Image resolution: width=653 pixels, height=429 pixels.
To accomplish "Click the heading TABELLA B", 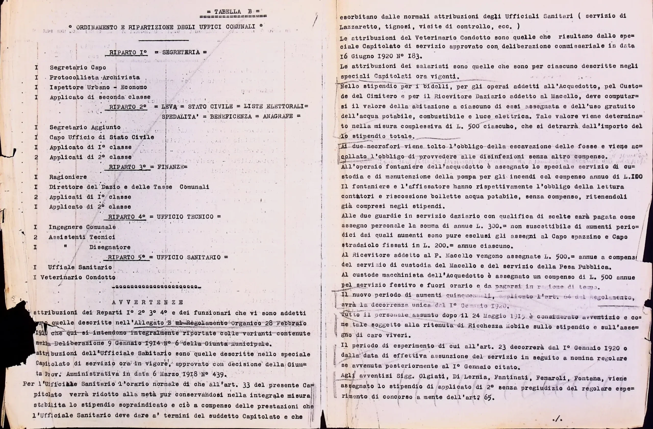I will (233, 12).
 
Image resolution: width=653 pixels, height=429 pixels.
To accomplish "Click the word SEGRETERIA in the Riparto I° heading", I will (181, 52).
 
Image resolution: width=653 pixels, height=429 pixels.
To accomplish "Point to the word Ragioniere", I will (68, 177).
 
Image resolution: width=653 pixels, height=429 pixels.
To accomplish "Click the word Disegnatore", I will (110, 247).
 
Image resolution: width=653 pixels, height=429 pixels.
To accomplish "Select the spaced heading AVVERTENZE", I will (147, 302).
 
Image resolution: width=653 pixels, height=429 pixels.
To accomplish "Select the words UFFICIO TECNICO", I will (185, 217).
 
